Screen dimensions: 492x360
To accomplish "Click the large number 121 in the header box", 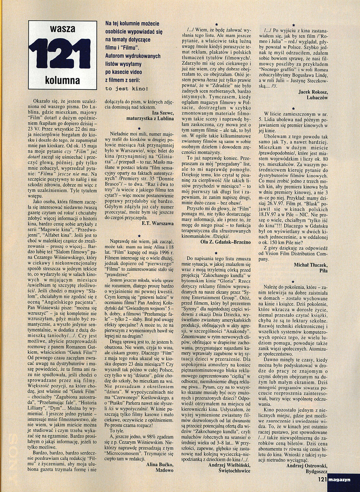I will pos(62,55).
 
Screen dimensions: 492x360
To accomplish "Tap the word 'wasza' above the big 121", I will pos(62,30).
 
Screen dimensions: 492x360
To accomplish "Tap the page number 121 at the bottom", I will pos(323,479).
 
